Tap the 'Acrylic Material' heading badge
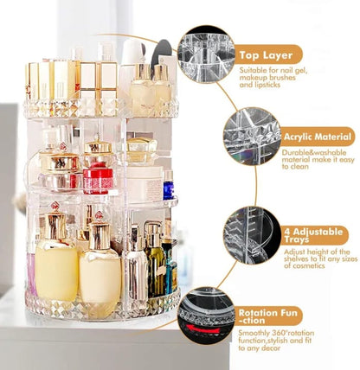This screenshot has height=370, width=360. pyautogui.click(x=318, y=137)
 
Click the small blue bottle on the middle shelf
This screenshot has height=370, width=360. pyautogui.click(x=168, y=187)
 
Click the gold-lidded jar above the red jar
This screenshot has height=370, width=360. pyautogui.click(x=100, y=151)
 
